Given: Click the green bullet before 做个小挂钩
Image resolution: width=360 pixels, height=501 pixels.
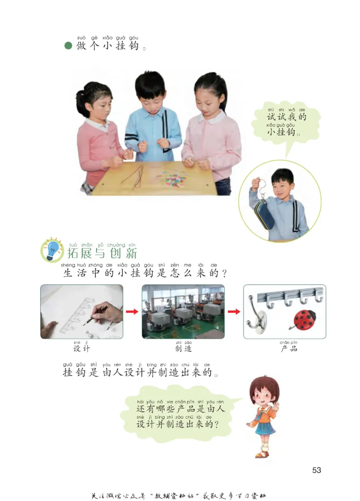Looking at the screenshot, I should pyautogui.click(x=68, y=46).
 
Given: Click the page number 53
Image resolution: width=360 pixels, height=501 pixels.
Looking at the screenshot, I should pyautogui.click(x=316, y=470).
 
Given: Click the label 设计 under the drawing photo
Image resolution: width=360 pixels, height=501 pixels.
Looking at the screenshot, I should pyautogui.click(x=81, y=348).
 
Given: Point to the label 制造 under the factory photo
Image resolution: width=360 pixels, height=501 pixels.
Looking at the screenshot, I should pyautogui.click(x=183, y=348).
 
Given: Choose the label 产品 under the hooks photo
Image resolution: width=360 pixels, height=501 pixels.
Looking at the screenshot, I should pyautogui.click(x=289, y=348).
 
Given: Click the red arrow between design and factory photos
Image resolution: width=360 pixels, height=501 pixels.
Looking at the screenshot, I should pyautogui.click(x=132, y=312).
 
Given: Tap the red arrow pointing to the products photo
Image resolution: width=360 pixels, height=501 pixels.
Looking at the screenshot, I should pyautogui.click(x=234, y=312).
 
